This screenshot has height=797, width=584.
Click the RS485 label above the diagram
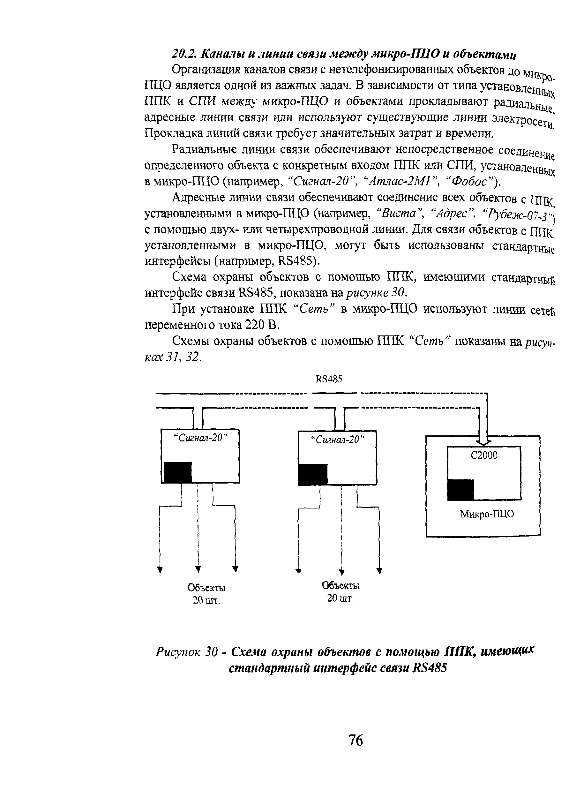[329, 380]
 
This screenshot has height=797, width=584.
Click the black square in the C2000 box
[460, 490]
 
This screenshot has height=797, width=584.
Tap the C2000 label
[484, 455]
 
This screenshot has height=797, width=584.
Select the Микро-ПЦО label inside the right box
[487, 514]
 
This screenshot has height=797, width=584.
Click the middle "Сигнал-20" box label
[337, 440]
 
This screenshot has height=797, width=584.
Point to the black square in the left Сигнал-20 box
[178, 472]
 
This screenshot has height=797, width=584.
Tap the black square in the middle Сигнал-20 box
[313, 475]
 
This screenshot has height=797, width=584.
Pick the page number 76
[356, 740]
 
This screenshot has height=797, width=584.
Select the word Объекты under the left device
[206, 588]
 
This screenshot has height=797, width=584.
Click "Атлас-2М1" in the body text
[399, 182]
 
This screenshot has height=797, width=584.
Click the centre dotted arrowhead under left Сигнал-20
[198, 569]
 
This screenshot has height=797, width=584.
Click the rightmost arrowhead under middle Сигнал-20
[379, 570]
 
